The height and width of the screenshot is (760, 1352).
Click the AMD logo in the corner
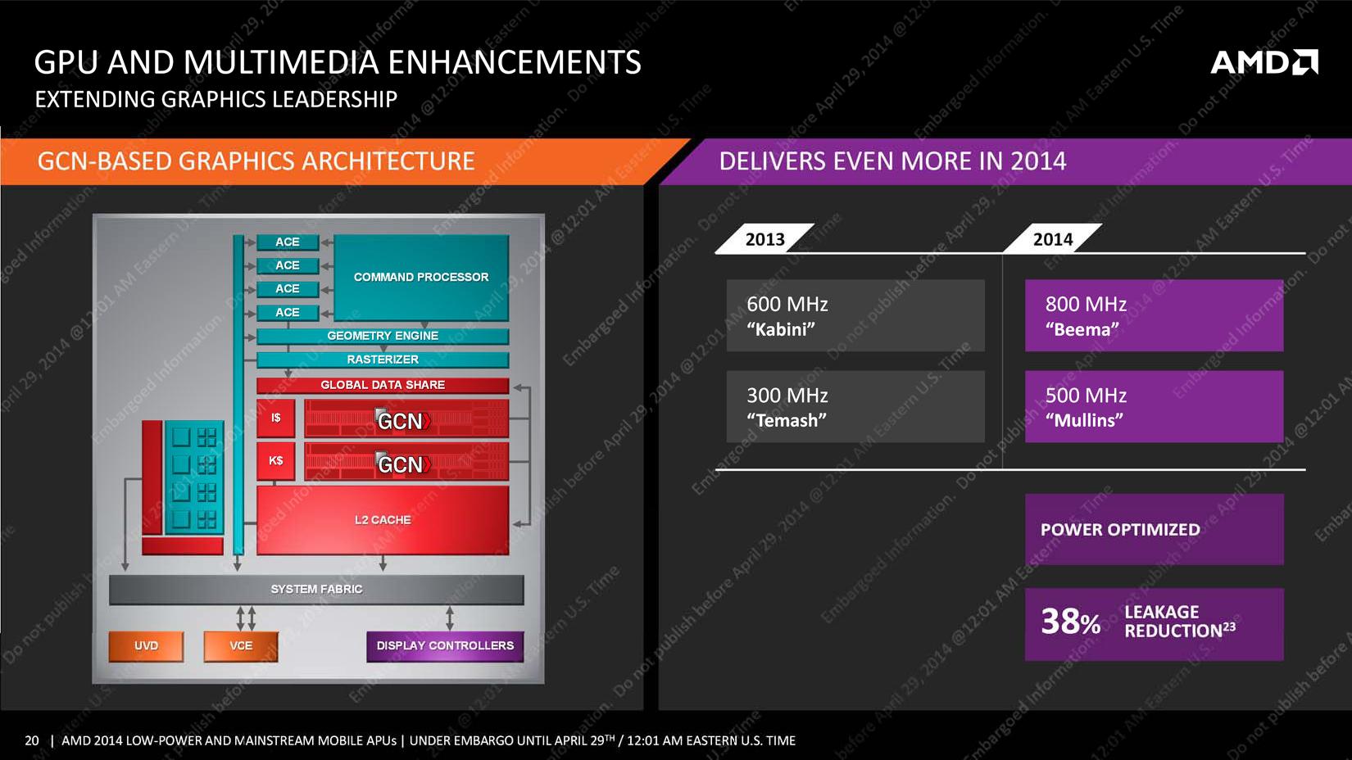tap(1264, 62)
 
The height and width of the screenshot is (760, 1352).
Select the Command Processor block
tap(421, 278)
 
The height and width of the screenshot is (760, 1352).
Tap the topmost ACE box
tap(288, 242)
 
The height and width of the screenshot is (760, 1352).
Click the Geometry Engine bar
tap(383, 336)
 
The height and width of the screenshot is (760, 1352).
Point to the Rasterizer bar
tap(383, 360)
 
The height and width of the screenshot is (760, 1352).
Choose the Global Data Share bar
tap(383, 385)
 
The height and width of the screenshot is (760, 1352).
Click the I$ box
tap(276, 418)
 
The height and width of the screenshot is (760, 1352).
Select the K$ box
tap(276, 461)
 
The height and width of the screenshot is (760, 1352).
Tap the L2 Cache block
tap(383, 520)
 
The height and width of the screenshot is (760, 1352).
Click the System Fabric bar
tap(316, 590)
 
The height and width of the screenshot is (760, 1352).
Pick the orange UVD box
tap(146, 646)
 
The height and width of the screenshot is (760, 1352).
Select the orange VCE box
tap(241, 646)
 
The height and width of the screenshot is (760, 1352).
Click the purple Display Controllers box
tap(445, 646)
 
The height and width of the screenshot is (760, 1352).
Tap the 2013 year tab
tap(764, 239)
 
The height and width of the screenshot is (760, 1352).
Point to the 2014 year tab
tap(1052, 239)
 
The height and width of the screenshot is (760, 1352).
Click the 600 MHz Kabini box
tap(855, 316)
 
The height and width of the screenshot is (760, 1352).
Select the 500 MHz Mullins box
tap(1154, 407)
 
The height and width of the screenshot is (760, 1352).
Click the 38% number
tap(1070, 622)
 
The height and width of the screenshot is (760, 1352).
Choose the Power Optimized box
tap(1154, 530)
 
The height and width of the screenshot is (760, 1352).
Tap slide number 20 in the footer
tap(32, 740)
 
